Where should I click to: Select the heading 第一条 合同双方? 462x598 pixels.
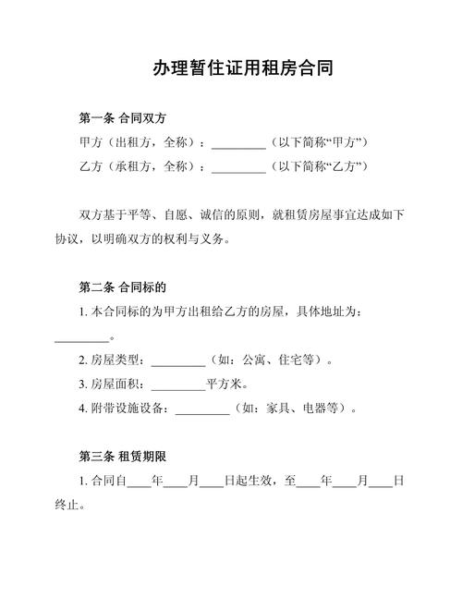click(x=122, y=118)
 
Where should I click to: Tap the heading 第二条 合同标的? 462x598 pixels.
click(x=122, y=287)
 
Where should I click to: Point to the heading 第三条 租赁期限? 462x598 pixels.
click(x=122, y=456)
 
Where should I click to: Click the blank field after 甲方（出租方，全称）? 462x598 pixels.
click(x=238, y=142)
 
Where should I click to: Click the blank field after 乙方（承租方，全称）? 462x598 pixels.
click(x=238, y=166)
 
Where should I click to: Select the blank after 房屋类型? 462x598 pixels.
click(x=177, y=360)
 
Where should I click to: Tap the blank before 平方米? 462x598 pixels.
click(x=177, y=384)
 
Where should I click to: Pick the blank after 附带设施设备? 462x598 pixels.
click(x=201, y=408)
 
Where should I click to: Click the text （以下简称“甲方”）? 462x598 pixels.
click(x=320, y=142)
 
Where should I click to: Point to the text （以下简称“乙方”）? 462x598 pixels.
click(x=320, y=166)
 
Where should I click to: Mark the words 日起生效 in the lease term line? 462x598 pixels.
click(x=249, y=481)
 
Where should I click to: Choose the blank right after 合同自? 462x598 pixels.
click(x=139, y=482)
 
